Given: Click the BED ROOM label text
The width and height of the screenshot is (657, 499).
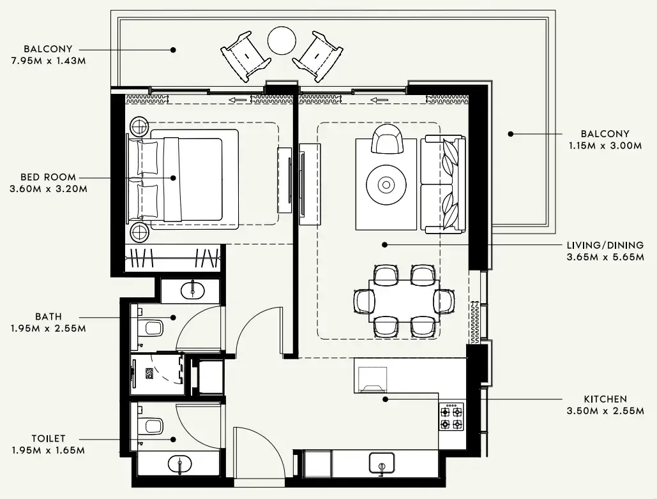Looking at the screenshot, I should click(x=48, y=177).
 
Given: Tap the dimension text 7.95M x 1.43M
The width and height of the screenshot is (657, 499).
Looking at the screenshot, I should click(x=48, y=61).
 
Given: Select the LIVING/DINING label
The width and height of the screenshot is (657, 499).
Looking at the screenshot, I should click(x=605, y=245).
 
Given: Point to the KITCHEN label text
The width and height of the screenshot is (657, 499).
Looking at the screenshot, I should click(x=605, y=399).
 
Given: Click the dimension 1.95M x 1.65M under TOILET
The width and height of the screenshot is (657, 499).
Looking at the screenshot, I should click(x=48, y=451).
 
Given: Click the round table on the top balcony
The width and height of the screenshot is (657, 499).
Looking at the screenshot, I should click(x=282, y=41).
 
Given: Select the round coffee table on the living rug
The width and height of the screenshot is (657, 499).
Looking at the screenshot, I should click(x=386, y=185).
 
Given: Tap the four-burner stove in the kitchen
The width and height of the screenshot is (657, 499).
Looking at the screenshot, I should click(x=451, y=417).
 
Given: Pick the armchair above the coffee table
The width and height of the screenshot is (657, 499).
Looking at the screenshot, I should click(x=388, y=139).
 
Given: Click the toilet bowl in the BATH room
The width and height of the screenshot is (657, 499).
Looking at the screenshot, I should click(x=152, y=328).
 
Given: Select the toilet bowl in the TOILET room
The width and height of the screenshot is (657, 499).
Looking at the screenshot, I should click(x=152, y=424).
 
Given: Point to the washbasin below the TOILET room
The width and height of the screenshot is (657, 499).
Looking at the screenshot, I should click(x=180, y=463).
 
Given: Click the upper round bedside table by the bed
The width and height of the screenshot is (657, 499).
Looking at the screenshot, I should click(x=139, y=127).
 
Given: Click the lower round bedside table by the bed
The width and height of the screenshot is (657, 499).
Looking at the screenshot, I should click(x=139, y=232).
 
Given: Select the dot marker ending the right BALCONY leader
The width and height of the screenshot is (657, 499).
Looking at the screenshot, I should click(x=510, y=134).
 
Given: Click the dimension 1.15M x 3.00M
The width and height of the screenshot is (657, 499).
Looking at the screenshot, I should click(x=605, y=145).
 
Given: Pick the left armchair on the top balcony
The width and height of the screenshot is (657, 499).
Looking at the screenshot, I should click(x=244, y=56).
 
